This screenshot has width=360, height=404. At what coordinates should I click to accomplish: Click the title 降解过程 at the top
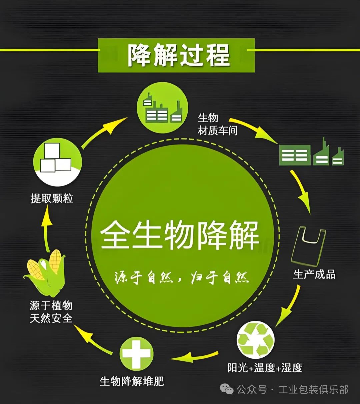pyautogui.click(x=179, y=55)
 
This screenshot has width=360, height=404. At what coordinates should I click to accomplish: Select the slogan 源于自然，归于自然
pyautogui.click(x=182, y=277)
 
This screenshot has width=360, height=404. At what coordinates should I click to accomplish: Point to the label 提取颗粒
pyautogui.click(x=52, y=199)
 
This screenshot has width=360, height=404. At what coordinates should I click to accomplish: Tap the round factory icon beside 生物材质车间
pyautogui.click(x=162, y=108)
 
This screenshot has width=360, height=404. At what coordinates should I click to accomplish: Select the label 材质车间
pyautogui.click(x=218, y=131)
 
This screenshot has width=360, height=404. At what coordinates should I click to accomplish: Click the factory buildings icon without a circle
pyautogui.click(x=311, y=153)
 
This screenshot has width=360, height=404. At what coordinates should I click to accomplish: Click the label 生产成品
pyautogui.click(x=315, y=274)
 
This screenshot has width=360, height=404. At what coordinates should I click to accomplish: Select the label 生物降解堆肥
pyautogui.click(x=132, y=381)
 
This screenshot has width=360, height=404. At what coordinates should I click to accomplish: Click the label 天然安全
pyautogui.click(x=51, y=318)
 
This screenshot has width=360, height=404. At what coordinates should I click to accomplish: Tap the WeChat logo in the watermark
pyautogui.click(x=226, y=389)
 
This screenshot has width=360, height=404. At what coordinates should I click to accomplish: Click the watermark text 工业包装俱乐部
pyautogui.click(x=313, y=389)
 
